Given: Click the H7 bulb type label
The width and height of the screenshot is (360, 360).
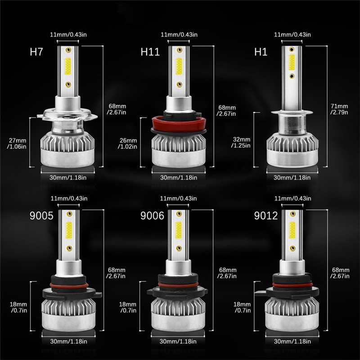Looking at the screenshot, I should pyautogui.click(x=36, y=52).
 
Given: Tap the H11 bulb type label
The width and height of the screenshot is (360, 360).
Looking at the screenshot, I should pyautogui.click(x=150, y=52).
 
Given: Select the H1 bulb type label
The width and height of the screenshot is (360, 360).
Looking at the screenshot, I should pyautogui.click(x=261, y=52).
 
